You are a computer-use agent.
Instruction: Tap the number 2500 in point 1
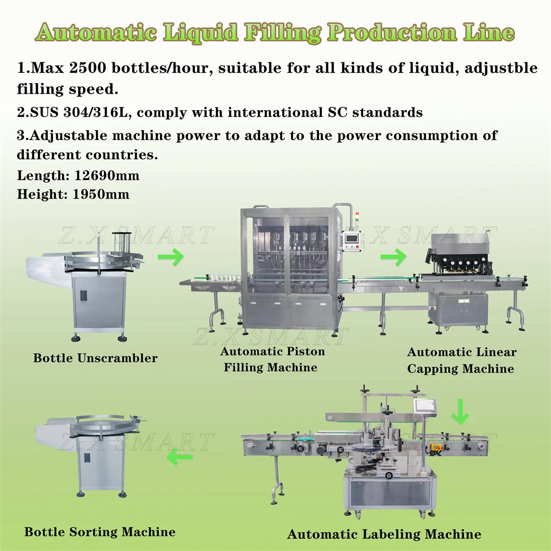[88, 67]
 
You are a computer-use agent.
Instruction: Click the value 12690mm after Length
[107, 175]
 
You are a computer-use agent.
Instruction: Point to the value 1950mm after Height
[101, 194]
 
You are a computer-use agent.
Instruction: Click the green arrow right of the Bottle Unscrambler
[171, 257]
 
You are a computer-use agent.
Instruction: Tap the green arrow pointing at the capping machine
[393, 257]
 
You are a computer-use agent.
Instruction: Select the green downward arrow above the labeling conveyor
[460, 412]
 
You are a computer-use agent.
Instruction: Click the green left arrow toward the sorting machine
[180, 457]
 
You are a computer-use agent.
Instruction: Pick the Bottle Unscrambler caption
[95, 358]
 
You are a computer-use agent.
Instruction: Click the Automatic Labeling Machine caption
[384, 534]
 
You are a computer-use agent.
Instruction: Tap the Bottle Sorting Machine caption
[100, 532]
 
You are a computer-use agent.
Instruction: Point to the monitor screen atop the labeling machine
[424, 406]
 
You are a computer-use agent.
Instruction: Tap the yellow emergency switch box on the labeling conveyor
[436, 447]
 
